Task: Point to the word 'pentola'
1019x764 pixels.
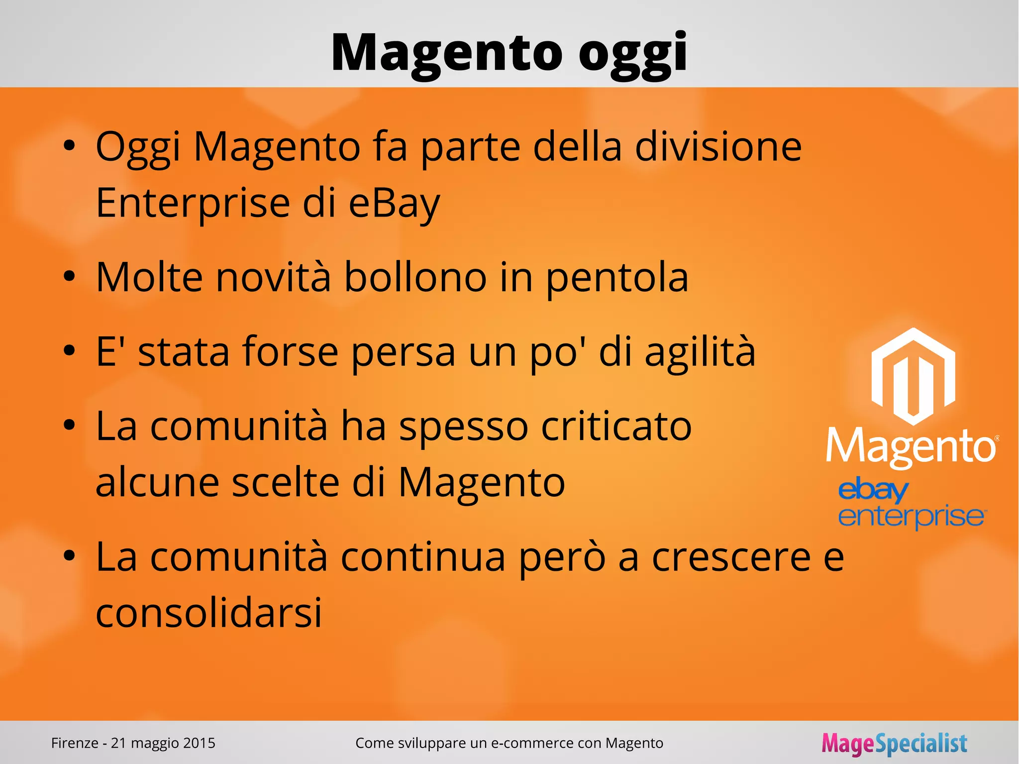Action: point(617,277)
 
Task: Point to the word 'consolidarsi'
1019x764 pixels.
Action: point(209,612)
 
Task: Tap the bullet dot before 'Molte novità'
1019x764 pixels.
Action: point(69,276)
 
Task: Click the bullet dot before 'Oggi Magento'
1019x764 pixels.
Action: point(69,146)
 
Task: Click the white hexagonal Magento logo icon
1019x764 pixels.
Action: point(913,376)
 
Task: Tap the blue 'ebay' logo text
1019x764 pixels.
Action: point(873,490)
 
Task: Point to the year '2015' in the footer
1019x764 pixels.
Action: point(199,743)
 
